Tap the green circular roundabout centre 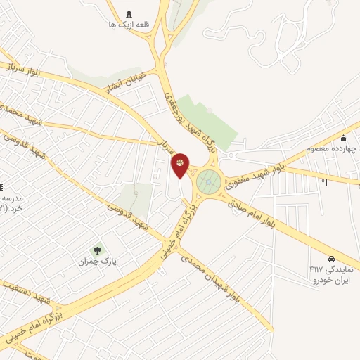point(208,182)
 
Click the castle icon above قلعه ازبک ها point(128,14)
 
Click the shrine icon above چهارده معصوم point(343,138)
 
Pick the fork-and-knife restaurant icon point(324,183)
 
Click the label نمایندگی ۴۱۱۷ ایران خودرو point(330,274)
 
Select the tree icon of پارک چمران point(97,250)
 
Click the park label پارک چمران point(97,262)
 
